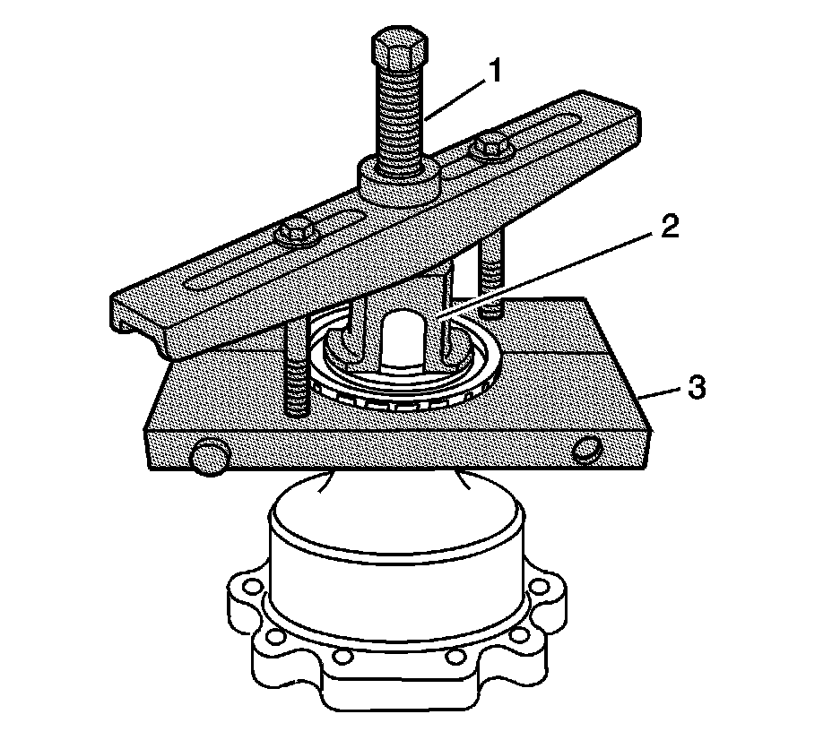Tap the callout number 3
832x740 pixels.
coord(698,389)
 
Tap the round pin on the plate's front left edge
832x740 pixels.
coord(207,458)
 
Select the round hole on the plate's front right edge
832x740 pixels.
coord(587,449)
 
